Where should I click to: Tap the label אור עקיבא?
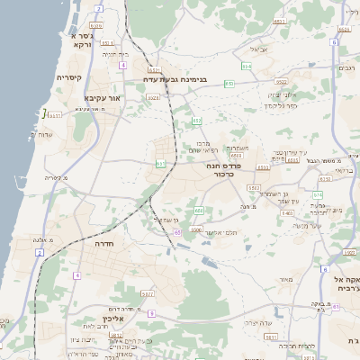[102, 96]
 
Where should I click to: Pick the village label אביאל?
[259, 49]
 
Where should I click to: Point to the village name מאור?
[286, 281]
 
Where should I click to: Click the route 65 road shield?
[178, 232]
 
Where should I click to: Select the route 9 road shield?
[151, 312]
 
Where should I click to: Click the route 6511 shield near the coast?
[54, 115]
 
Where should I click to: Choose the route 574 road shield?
[317, 194]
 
